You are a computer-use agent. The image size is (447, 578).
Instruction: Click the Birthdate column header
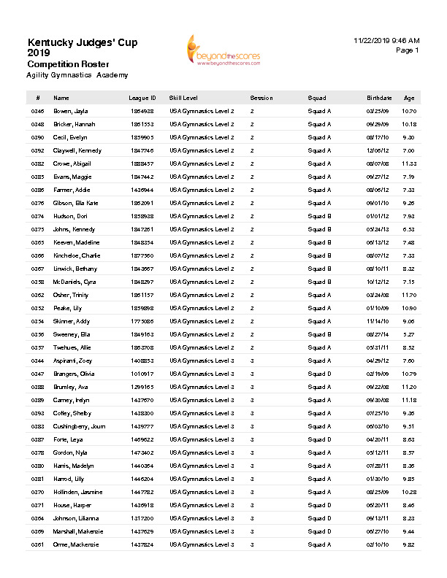pos(379,98)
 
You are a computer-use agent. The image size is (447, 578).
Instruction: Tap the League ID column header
pos(142,98)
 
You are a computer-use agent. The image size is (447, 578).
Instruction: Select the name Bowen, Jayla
pos(70,111)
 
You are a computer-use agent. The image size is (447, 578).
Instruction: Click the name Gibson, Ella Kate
pos(75,203)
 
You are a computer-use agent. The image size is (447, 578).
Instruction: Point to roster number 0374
pos(38,216)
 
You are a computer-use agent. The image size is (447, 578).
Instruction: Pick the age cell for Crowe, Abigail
pos(409,163)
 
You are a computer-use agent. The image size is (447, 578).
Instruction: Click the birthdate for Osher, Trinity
pos(378,295)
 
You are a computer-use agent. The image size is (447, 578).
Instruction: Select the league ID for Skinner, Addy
pos(142,321)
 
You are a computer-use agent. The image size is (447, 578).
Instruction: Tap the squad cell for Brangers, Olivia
pos(319,374)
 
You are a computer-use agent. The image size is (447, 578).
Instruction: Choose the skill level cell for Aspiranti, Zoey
pos(202,361)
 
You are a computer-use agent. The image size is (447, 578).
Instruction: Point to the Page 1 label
pos(408,50)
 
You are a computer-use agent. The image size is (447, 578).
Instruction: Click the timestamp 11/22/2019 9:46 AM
pos(386,40)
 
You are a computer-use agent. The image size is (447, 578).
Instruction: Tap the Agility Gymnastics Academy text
pos(77,75)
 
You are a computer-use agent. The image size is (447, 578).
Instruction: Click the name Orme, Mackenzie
pos(75,544)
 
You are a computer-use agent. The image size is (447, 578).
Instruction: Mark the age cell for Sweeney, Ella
pos(409,334)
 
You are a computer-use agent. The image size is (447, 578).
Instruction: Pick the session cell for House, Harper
pos(252,505)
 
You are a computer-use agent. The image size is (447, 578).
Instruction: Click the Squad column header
pos(316,98)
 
